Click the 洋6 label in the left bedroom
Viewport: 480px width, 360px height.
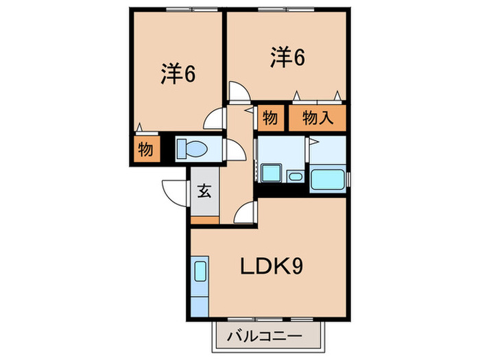tap(179, 73)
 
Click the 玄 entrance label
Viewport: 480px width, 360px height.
tap(204, 191)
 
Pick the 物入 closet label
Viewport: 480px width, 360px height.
tap(317, 118)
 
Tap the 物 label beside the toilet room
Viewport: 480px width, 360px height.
tap(145, 148)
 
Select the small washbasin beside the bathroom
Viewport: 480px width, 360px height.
tap(295, 177)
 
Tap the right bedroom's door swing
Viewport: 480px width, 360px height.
tap(238, 92)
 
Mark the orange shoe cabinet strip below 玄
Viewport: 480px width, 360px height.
tap(204, 220)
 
